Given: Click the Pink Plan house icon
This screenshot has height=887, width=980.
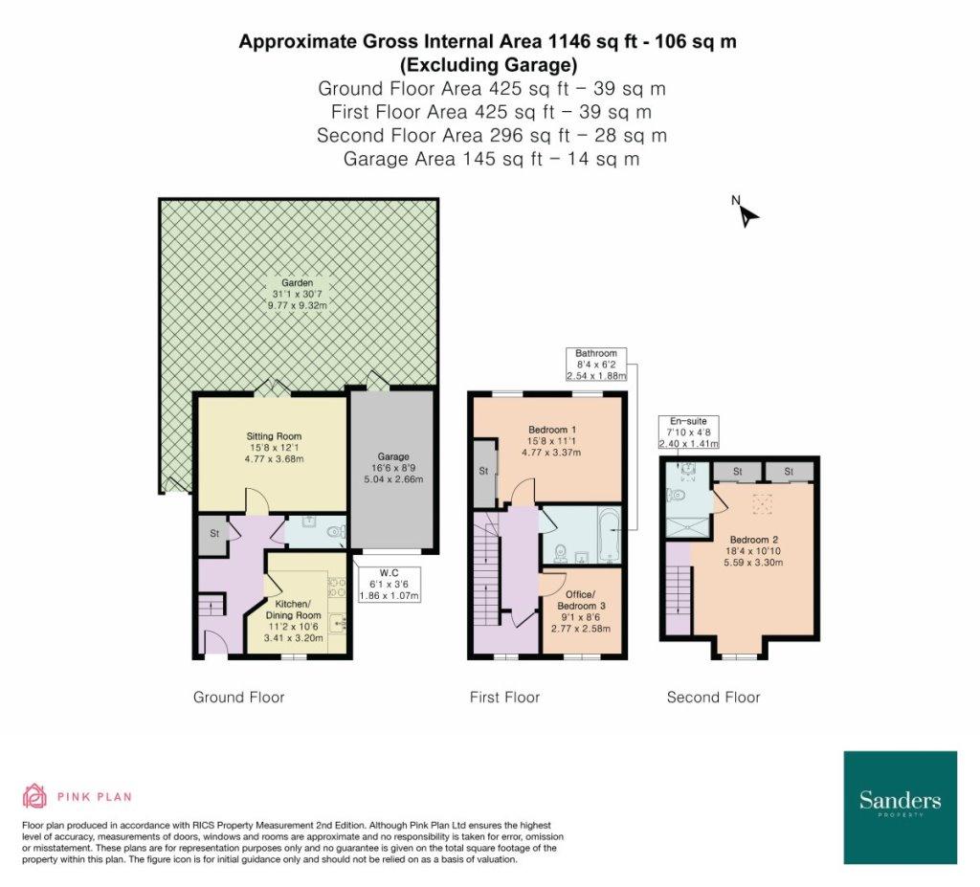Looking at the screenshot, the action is click(35, 796).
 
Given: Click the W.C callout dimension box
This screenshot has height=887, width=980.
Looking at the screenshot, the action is click(389, 585).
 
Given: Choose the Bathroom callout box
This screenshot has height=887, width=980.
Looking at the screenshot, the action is click(596, 365).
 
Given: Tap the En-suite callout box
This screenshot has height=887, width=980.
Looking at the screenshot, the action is click(688, 432).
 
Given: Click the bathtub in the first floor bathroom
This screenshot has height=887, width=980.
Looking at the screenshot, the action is click(608, 535).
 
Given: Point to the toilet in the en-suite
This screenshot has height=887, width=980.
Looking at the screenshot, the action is click(677, 496).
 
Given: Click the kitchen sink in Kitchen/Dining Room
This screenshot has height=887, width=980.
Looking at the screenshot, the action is click(338, 623).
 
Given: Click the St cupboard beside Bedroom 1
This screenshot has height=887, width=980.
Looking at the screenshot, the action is click(484, 472).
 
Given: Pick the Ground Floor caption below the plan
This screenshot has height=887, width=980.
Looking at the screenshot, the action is click(238, 697).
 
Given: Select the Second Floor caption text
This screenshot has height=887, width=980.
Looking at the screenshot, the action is click(714, 697).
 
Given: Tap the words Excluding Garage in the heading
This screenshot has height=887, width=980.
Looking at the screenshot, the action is click(488, 64).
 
